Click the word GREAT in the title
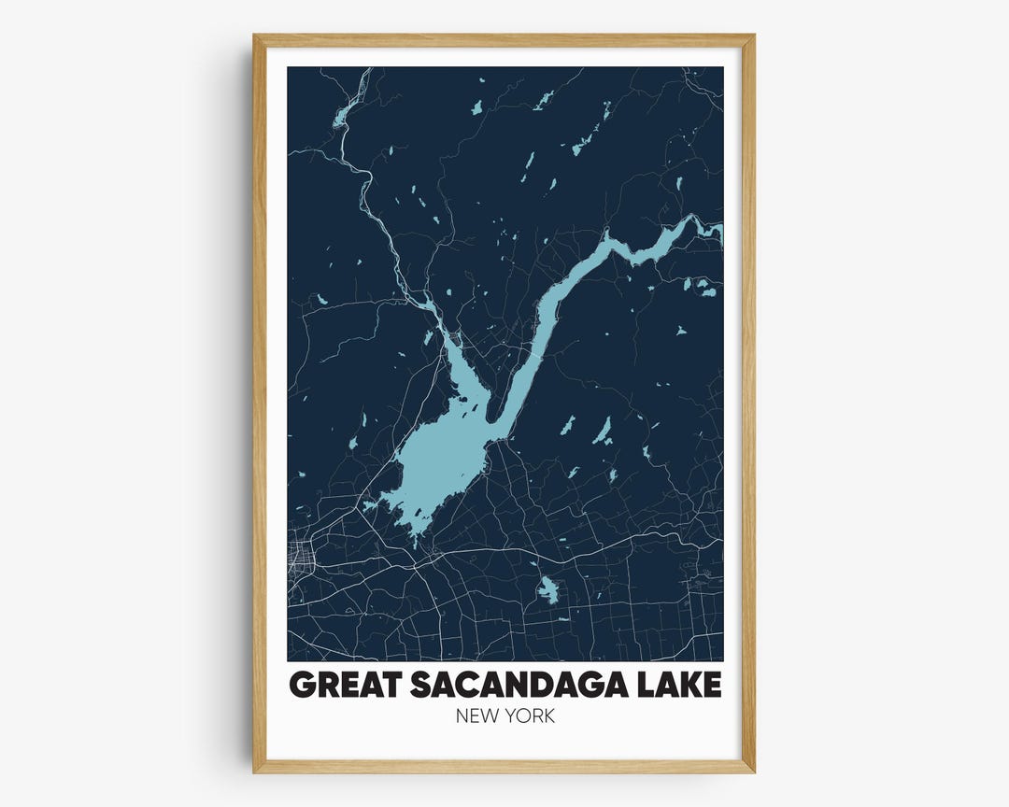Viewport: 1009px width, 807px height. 339,685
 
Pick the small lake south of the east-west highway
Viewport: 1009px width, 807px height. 547,590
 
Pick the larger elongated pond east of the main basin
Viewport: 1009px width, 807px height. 603,430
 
